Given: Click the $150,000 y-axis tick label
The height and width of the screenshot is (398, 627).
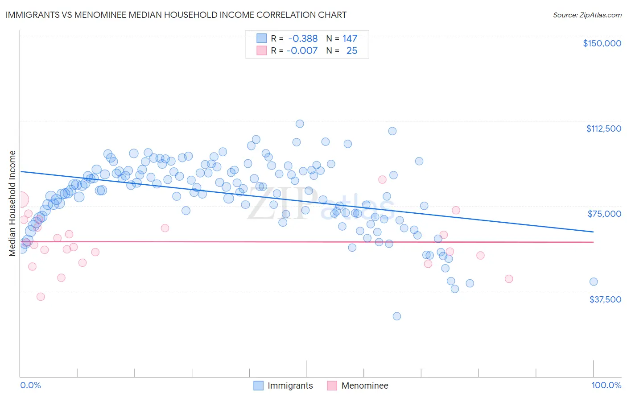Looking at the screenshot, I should coord(602,43).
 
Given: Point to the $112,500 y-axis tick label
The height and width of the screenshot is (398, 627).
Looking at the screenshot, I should coord(603,129).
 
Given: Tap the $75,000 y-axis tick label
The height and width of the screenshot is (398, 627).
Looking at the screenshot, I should coord(604,214).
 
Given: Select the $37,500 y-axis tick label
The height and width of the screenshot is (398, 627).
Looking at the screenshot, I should coord(605,299).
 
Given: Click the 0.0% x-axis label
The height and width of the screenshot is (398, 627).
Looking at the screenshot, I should coord(30,385).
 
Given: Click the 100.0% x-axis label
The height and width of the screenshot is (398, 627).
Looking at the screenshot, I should coord(606,385).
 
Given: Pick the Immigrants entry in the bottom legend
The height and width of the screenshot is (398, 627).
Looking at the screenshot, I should coord(290,386).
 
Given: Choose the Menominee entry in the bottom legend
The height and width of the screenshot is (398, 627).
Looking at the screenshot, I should coord(364,386).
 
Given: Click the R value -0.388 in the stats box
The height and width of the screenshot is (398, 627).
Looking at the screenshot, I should coord(303,38).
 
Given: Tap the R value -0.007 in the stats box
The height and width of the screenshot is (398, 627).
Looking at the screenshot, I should coord(302,50).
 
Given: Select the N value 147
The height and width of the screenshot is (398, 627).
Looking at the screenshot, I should coord(350,38).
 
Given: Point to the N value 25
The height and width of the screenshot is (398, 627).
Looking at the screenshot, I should coord(351,50).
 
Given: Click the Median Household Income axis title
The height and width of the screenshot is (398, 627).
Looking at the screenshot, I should coord(12,203).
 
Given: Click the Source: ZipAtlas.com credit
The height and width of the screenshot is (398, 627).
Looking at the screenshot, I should coord(587,15).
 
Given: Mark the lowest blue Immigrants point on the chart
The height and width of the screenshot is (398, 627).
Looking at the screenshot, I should coord(396,316).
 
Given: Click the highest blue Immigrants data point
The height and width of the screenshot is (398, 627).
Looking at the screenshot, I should coord(300,124).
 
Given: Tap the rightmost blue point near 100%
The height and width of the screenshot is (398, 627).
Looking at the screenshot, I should coord(593,282).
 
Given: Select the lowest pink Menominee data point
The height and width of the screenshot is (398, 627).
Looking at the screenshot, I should coord(41,297).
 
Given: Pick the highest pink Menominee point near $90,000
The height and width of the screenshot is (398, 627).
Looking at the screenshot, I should coord(382,179).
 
